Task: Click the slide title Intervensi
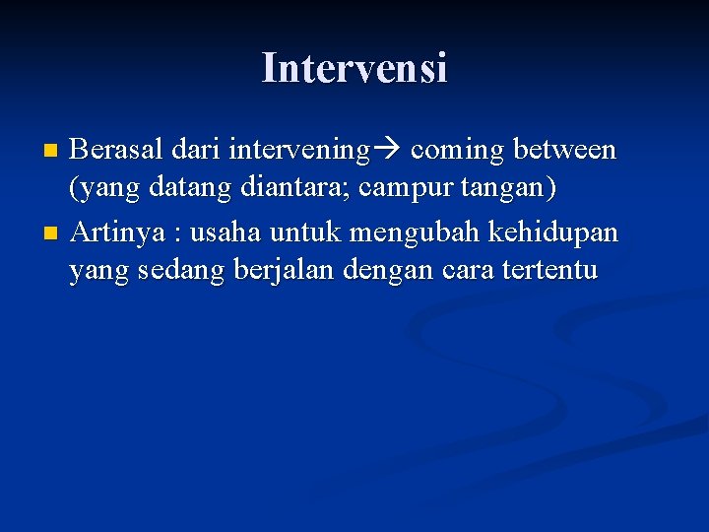pos(354,68)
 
